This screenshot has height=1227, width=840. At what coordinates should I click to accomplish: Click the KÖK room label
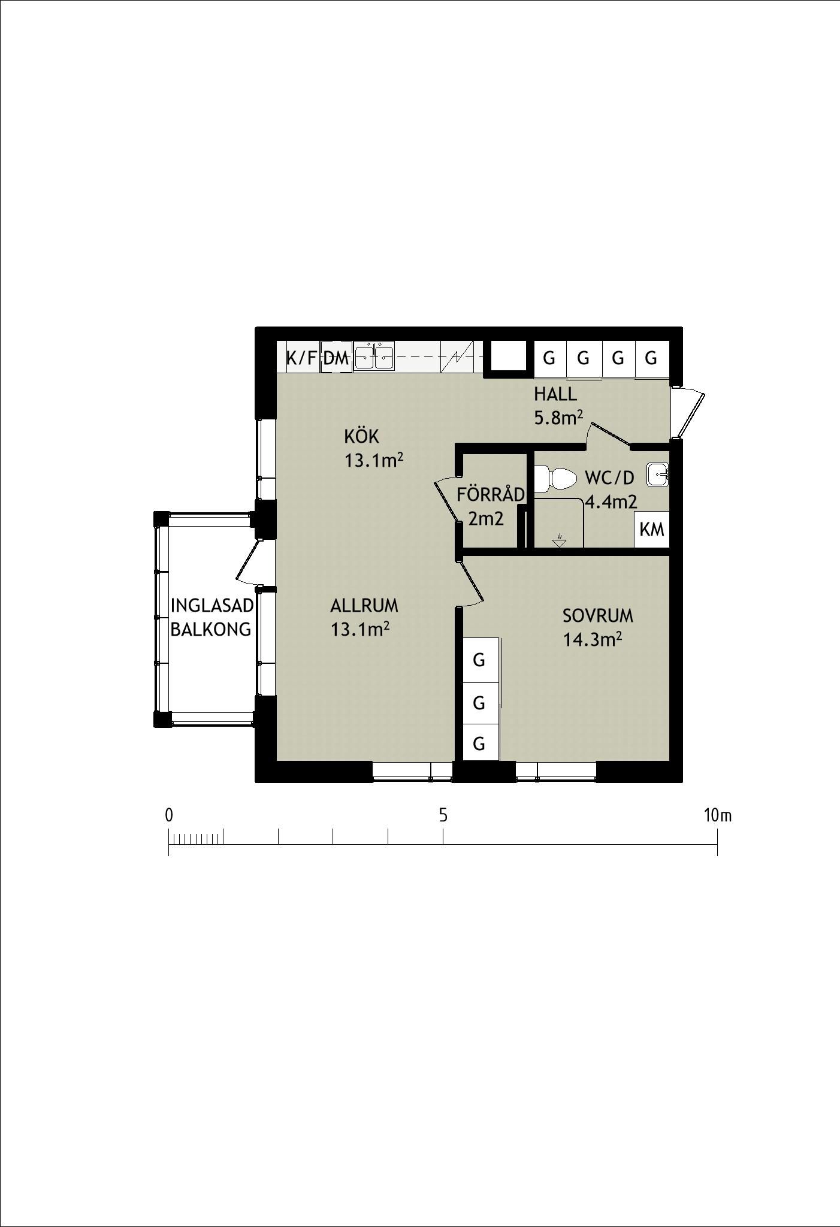coord(362,436)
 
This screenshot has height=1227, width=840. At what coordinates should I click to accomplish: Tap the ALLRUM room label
coord(364,606)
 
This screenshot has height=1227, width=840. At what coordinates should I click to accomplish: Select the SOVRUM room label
coord(597,616)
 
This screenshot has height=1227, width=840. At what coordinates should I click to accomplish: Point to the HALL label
coord(555,394)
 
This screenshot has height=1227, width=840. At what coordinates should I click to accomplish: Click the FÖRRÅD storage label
coord(491,494)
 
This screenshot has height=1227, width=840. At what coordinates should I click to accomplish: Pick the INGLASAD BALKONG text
coord(211,618)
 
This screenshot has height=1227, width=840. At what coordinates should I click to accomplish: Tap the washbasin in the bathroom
coord(657,475)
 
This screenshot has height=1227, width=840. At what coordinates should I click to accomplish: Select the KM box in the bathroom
coord(652,530)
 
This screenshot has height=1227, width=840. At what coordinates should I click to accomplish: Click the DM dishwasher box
coord(336,358)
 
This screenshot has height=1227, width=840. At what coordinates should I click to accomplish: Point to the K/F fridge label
coord(301,359)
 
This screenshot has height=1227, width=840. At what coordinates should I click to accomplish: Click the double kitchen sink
coord(374,358)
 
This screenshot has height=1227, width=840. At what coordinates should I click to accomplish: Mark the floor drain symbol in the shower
coord(559,542)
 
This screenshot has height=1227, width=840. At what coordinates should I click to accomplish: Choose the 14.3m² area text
coord(592,640)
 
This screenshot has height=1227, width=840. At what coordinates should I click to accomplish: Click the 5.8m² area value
coord(558,418)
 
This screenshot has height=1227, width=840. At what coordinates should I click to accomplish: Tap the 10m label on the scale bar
coord(718,815)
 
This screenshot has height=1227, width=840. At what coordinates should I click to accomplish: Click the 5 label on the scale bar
coord(443,815)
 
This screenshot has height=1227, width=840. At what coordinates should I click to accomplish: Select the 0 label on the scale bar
coord(169,815)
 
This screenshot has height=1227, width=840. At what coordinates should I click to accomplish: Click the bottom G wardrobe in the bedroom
coord(479,744)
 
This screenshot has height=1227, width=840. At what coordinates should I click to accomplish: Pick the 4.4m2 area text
coord(611,502)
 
